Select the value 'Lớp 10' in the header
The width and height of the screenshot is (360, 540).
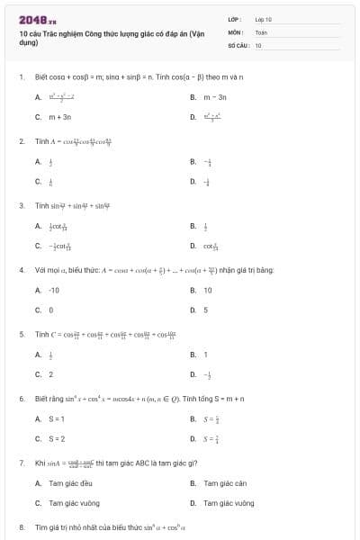pos(263,19)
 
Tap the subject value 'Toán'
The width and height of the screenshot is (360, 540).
pos(261,31)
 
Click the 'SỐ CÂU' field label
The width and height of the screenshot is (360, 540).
pos(238,44)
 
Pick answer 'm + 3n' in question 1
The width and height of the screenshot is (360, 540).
pos(59,117)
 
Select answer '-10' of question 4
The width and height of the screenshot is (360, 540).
pos(54,291)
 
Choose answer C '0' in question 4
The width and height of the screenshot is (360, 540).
pos(50,310)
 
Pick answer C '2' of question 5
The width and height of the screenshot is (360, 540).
pos(50,374)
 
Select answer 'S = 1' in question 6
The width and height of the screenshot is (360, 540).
pos(57,418)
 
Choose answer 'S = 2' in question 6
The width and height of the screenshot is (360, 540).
pos(57,439)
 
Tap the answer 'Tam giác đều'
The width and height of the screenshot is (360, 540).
pos(68,483)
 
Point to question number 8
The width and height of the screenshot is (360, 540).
pos(21,526)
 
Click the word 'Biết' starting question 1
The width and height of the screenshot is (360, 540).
pos(41,77)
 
